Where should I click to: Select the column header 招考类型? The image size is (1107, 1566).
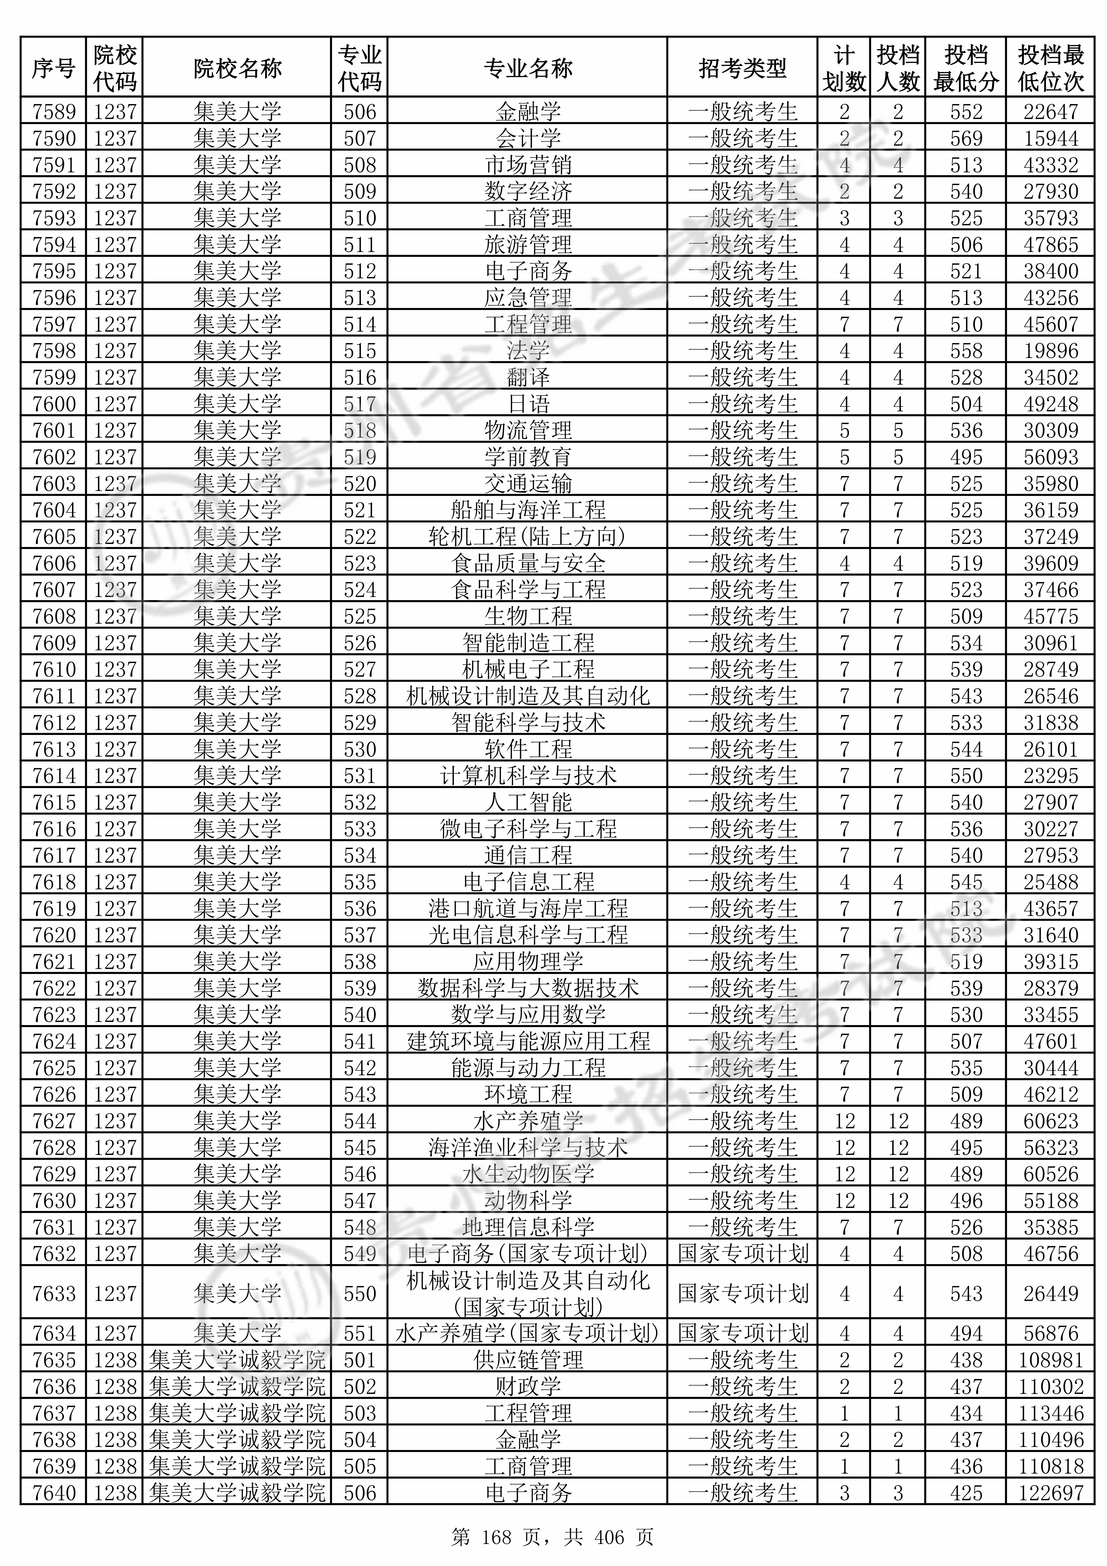[742, 68]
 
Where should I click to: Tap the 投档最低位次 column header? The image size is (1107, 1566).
[1050, 68]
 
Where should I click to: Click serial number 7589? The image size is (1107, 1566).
[54, 111]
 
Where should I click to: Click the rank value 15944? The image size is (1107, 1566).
[1050, 138]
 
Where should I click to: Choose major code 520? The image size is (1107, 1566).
[359, 484]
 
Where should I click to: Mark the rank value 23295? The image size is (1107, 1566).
[1050, 776]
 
